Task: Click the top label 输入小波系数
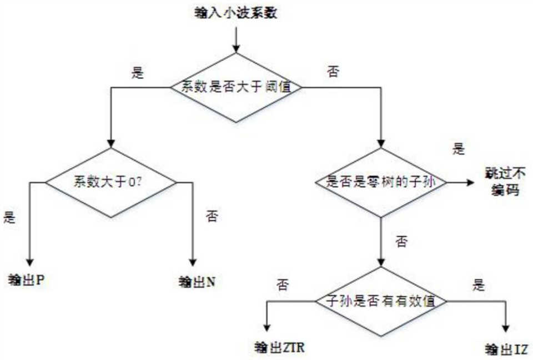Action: click(235, 12)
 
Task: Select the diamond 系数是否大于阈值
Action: click(235, 87)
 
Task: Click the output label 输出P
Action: click(28, 279)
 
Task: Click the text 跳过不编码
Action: click(502, 182)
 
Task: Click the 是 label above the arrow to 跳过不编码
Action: click(459, 150)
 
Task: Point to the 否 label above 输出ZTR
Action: click(281, 286)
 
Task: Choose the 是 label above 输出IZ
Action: click(477, 286)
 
